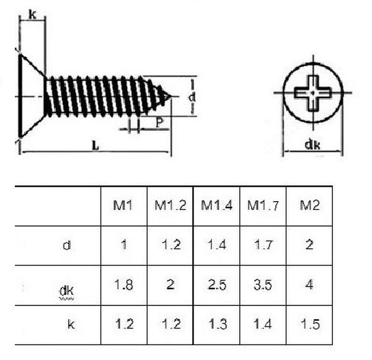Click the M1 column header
[x=123, y=205]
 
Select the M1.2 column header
[x=170, y=205]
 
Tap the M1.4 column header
[x=216, y=205]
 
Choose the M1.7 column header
[x=263, y=205]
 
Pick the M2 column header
[x=309, y=205]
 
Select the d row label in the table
[x=66, y=245]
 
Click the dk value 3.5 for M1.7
[x=263, y=285]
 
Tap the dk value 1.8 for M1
[x=123, y=285]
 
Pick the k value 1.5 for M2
[x=309, y=324]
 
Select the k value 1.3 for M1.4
[x=216, y=324]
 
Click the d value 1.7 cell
[x=263, y=245]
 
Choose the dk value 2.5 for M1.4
[x=216, y=285]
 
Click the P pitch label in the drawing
[x=159, y=123]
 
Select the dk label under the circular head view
[x=312, y=145]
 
